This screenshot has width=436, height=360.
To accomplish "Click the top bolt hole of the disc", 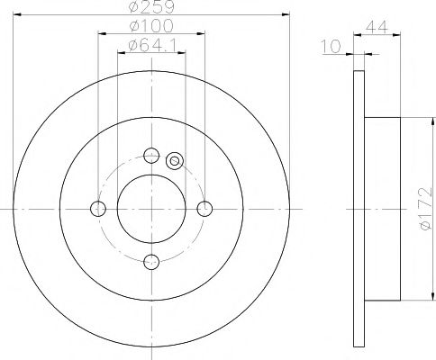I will click(x=151, y=155).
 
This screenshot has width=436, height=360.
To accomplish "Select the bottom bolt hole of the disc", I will click(x=151, y=263).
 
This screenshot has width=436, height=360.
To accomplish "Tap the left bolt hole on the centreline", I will click(x=98, y=209).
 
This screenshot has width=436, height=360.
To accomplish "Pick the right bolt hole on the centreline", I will click(x=205, y=209).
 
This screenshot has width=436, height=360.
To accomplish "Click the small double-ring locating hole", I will click(x=176, y=163).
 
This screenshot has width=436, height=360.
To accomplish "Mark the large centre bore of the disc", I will click(x=151, y=209).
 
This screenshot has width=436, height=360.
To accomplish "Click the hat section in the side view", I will click(x=382, y=209).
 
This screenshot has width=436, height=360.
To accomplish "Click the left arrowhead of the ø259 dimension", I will click(x=20, y=16).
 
